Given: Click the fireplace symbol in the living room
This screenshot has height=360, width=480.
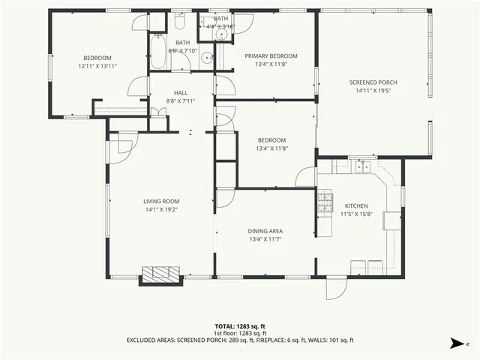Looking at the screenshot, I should coord(161,274).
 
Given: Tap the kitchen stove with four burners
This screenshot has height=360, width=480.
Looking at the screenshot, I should coord(325,202).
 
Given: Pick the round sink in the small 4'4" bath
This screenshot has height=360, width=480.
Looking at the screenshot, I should coord(220,34).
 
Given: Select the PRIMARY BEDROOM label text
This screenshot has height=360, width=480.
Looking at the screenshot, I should coord(271,56).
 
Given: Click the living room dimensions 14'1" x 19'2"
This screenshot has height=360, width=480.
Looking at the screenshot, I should coord(161,210).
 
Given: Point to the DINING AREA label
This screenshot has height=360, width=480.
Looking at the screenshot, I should coord(265,231).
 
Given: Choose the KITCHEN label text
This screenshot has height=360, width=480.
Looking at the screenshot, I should coord(355,205).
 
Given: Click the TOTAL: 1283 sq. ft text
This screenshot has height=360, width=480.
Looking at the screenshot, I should coord(240,326).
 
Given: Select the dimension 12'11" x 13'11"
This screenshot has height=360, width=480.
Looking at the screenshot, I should coord(97,66).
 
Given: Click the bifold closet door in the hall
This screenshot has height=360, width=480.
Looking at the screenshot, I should coord(157,112).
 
